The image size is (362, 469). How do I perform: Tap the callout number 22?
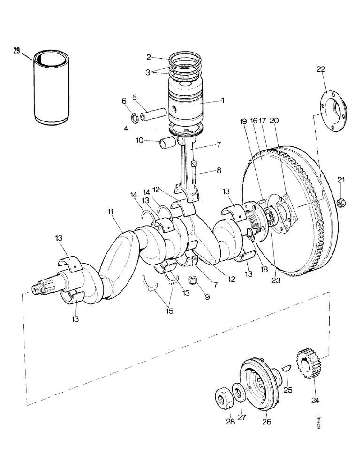321,69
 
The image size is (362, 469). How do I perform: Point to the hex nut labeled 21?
341,202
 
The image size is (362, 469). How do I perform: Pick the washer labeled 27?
238,393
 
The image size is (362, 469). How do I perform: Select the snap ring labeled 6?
134,117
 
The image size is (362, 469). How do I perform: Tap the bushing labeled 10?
168,142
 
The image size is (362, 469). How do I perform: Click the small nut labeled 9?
191,280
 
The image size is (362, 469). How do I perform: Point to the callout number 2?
148,57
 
